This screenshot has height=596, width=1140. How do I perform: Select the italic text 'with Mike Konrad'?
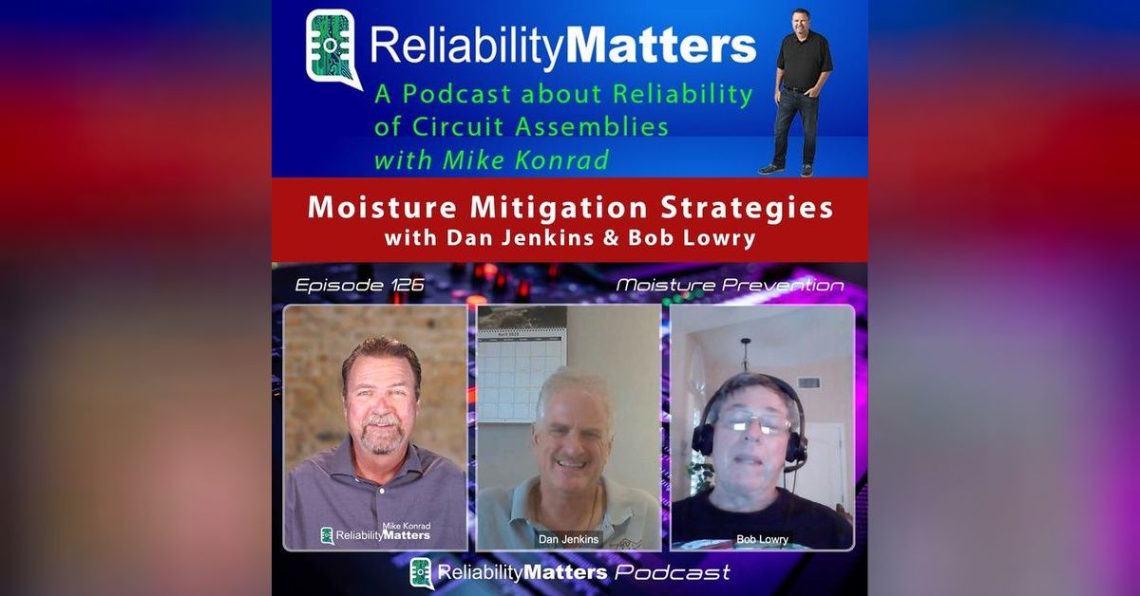click(x=491, y=158)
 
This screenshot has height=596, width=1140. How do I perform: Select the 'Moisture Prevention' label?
click(x=730, y=285)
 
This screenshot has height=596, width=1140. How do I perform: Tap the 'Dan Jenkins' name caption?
click(x=568, y=539)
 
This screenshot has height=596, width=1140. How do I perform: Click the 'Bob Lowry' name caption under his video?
click(x=762, y=539)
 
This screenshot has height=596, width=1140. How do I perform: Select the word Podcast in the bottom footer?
click(x=673, y=572)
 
